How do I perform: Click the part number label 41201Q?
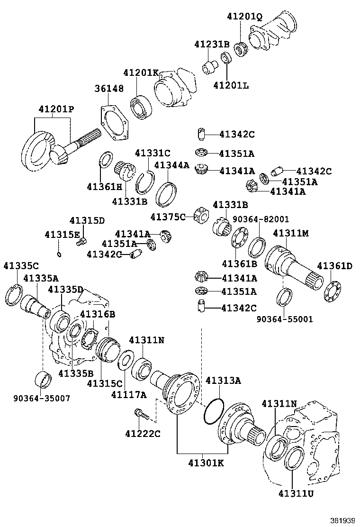pyautogui.click(x=244, y=17)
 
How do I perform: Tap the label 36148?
pyautogui.click(x=108, y=89)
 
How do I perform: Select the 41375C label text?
pyautogui.click(x=168, y=217)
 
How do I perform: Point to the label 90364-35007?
pyautogui.click(x=41, y=399)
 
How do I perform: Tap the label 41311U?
pyautogui.click(x=295, y=493)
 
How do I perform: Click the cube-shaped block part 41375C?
pyautogui.click(x=201, y=215)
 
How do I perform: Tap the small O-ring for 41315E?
pyautogui.click(x=59, y=254)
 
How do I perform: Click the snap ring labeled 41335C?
pyautogui.click(x=14, y=296)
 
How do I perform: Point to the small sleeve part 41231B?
pyautogui.click(x=208, y=67)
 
